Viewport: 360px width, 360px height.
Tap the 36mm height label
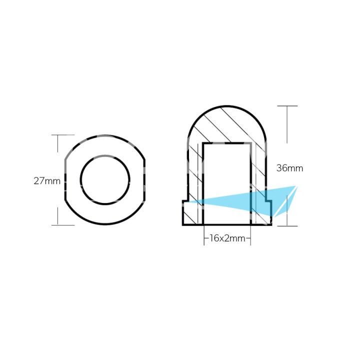(289, 168)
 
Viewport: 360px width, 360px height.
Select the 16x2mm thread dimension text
(227, 239)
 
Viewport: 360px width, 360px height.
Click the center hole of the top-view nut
(105, 179)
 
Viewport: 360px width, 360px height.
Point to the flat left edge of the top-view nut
(65, 180)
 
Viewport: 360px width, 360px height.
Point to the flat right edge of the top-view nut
(145, 180)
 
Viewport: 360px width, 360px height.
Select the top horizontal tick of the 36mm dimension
(287, 106)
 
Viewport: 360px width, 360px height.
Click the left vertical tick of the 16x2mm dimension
(204, 239)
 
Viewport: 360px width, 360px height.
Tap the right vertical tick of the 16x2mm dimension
(250, 239)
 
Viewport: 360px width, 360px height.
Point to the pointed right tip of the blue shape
(297, 186)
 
